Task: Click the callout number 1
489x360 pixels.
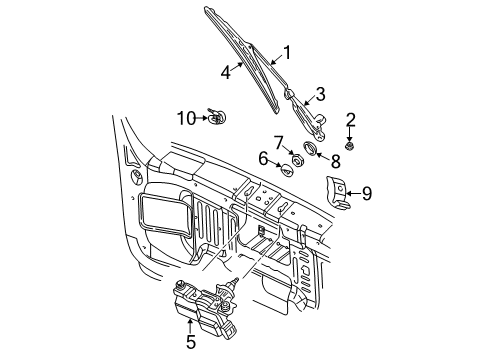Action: (287, 54)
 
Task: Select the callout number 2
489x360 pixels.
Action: (351, 120)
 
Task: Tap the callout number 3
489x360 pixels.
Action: (320, 94)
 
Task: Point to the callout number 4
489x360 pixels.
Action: (225, 72)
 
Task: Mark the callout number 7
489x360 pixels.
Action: (279, 141)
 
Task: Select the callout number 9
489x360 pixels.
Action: (366, 193)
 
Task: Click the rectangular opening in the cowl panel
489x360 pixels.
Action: (160, 213)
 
